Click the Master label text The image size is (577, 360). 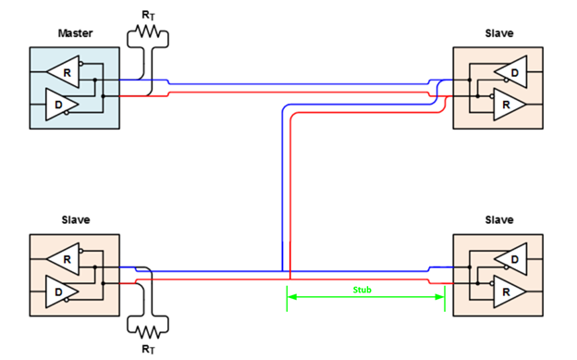click(75, 33)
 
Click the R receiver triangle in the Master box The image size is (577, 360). click(66, 69)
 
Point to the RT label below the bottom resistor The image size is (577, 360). click(148, 349)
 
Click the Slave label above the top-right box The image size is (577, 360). click(498, 33)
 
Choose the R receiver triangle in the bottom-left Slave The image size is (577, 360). click(66, 258)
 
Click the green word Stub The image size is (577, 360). click(362, 289)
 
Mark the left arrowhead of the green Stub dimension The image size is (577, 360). click(290, 296)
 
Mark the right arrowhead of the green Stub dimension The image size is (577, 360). click(442, 296)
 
